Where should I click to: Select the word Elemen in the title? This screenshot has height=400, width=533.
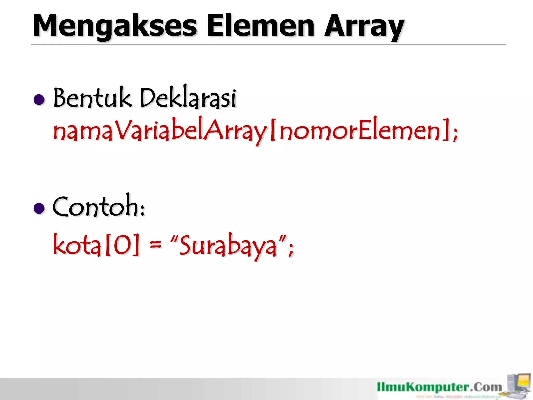point(261,26)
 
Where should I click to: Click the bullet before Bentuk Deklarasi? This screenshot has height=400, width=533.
point(39,99)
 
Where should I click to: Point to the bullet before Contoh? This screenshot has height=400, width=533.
point(39,208)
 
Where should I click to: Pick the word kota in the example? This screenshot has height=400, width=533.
point(77,245)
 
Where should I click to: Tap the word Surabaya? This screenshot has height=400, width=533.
point(228,246)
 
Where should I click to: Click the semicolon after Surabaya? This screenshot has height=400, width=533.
point(291,249)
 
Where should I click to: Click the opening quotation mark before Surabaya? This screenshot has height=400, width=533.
point(174,238)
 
